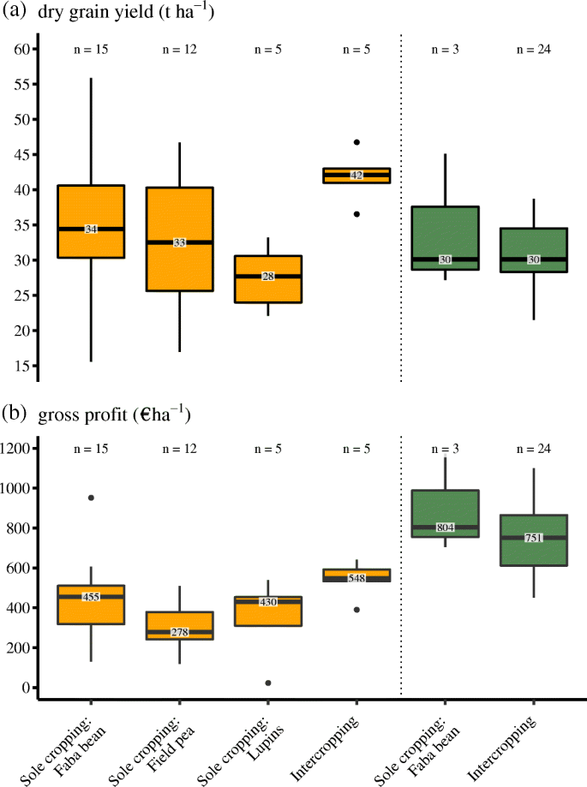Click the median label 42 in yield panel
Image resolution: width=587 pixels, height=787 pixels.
(356, 175)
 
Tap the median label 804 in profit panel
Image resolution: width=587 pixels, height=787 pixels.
(445, 528)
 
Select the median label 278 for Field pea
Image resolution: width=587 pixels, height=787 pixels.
(179, 632)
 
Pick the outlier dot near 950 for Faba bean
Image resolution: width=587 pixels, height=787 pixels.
(91, 498)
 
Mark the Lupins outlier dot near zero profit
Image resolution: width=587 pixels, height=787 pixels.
(268, 683)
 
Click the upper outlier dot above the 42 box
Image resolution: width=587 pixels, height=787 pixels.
(356, 142)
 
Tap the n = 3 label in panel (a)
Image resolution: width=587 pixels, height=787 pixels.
(445, 49)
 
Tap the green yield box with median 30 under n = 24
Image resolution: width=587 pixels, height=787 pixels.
(533, 249)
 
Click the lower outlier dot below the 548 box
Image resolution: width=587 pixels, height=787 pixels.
(356, 610)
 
